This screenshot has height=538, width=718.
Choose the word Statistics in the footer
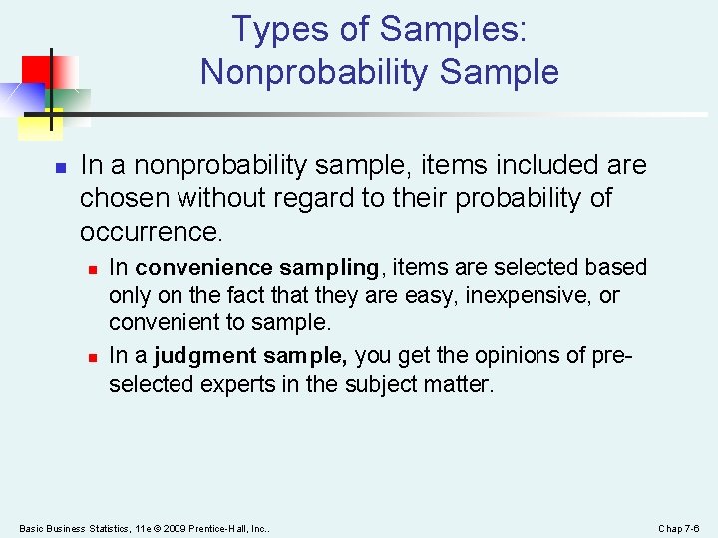point(103,527)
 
